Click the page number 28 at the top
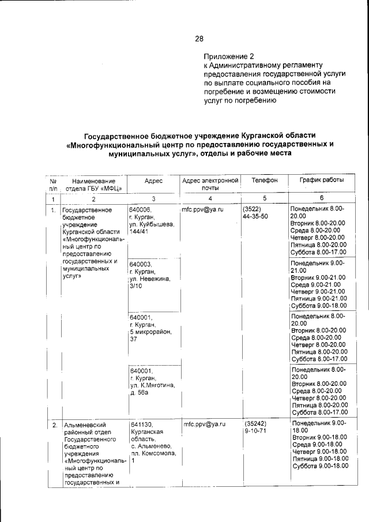[x=199, y=39]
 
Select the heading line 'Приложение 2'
[x=228, y=57]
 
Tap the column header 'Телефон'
[x=264, y=181]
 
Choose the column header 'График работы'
[x=321, y=181]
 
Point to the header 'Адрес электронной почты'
[x=210, y=184]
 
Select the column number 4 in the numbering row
[x=210, y=198]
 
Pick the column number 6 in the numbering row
[x=321, y=198]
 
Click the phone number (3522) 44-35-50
[x=255, y=213]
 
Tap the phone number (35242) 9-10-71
[x=255, y=427]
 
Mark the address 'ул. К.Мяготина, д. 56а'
[x=152, y=388]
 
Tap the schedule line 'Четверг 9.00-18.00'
[x=319, y=452]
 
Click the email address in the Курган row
[x=202, y=210]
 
